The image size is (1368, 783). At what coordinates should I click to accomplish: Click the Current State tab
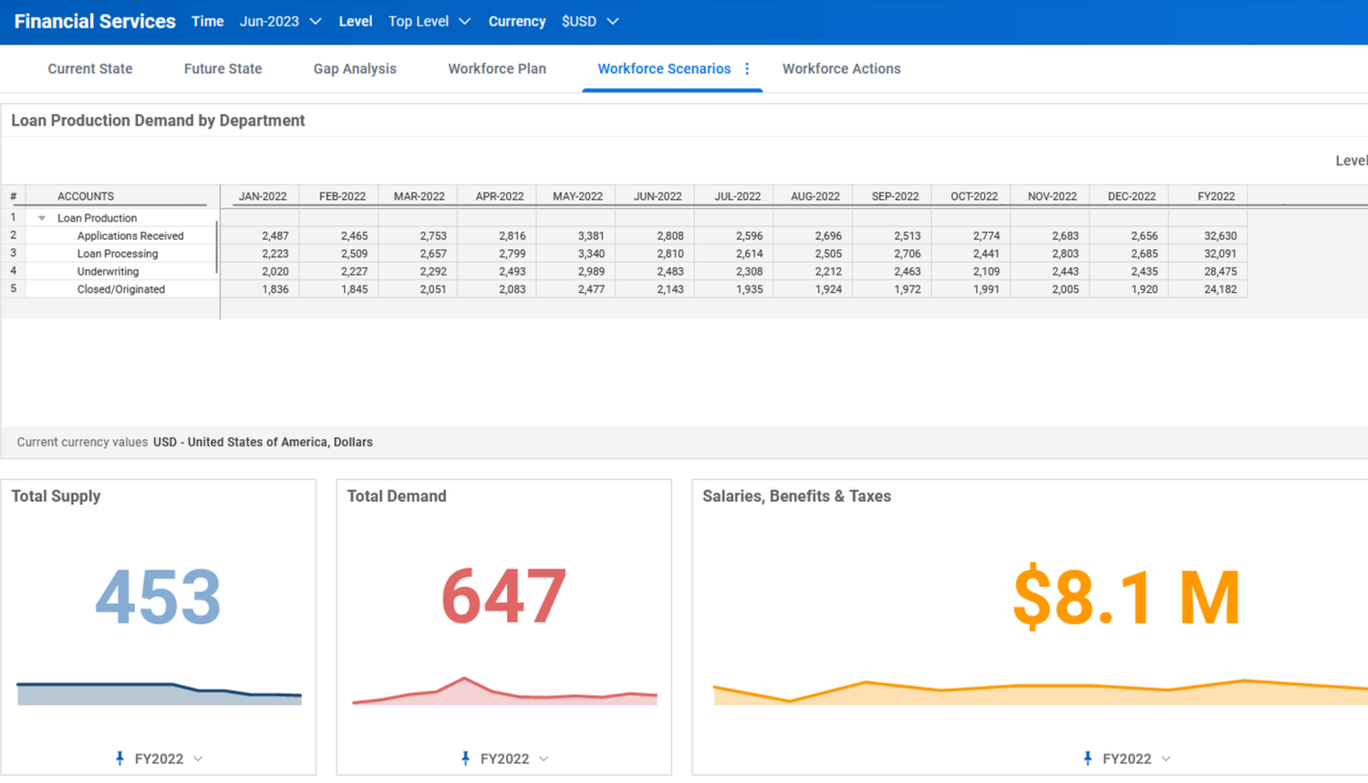89,68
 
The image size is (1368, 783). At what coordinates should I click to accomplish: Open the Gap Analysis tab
355,68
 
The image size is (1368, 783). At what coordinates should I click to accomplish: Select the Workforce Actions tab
841,68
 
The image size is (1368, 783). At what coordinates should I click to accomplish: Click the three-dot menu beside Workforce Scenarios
747,68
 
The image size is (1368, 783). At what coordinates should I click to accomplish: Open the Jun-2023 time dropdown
280,21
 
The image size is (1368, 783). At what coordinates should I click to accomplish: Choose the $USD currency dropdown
589,21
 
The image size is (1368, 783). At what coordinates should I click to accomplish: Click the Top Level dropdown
429,21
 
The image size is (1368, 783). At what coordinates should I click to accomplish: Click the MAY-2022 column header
577,196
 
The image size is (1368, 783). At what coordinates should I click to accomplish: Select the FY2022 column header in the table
1216,196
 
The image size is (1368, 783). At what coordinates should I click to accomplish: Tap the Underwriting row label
108,271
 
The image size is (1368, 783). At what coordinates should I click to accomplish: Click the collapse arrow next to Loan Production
42,218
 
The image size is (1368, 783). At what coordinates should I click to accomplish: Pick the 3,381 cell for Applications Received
590,235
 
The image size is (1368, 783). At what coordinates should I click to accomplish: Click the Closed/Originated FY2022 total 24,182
1219,289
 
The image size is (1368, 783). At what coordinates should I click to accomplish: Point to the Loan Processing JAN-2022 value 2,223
275,254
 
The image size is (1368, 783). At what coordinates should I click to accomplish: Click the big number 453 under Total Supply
158,597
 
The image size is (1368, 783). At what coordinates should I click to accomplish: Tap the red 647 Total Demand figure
503,597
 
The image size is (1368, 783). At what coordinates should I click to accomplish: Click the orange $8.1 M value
1126,597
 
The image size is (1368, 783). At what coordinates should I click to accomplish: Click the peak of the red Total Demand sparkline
464,678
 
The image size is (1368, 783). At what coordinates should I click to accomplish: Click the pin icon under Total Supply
119,758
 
